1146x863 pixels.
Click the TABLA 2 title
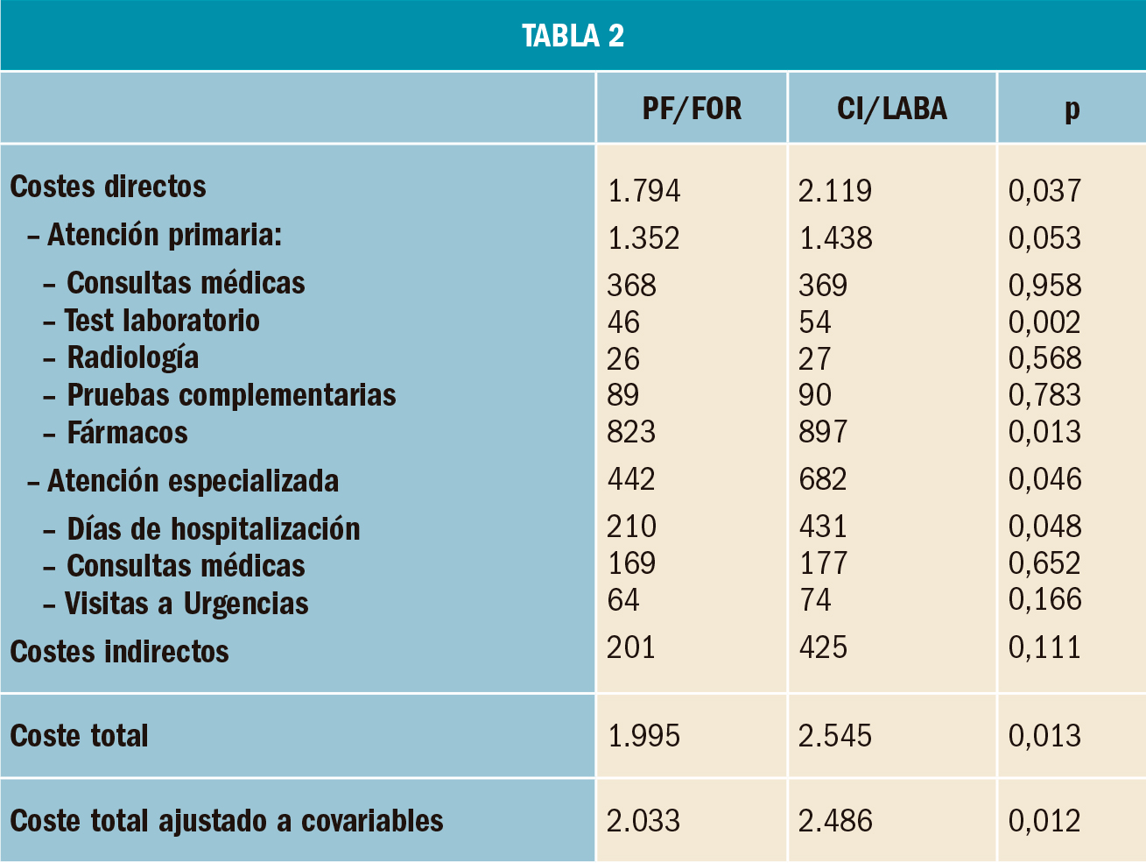pos(573,36)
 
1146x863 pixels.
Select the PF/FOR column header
pos(692,109)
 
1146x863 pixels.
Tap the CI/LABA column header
pos(891,109)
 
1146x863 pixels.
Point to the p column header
pos(1072,110)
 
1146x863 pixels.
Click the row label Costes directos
pos(108,187)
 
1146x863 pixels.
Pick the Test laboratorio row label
pos(162,321)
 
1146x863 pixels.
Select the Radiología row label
pos(133,357)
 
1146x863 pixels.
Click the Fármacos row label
pos(127,433)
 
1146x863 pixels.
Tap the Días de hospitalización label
pos(213,529)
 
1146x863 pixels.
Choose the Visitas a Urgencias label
pos(186,604)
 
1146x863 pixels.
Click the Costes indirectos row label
pos(119,652)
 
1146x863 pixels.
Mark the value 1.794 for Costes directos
pos(643,191)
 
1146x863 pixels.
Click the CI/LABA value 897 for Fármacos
pos(823,432)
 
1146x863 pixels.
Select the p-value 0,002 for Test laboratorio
pos(1044,322)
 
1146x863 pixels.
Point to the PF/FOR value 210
pos(631,527)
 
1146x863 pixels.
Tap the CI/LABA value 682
pos(823,479)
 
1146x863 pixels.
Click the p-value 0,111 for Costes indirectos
pos(1044,647)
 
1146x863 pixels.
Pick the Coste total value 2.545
pos(835,736)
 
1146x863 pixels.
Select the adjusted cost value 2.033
pos(643,821)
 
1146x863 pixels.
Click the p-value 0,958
pos(1044,286)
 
